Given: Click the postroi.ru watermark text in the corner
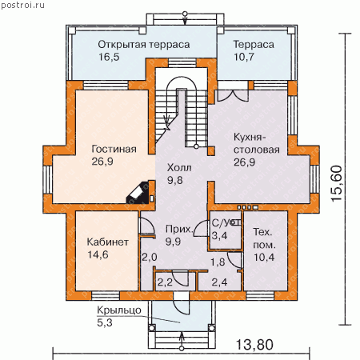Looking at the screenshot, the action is [22, 6].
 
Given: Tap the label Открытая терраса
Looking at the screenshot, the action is [144, 45].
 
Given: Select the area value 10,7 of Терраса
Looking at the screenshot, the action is [244, 57].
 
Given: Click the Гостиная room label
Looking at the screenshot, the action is [114, 149].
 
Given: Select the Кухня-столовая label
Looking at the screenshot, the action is [257, 143].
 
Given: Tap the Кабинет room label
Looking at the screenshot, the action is [108, 242].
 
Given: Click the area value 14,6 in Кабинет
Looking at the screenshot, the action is [98, 254].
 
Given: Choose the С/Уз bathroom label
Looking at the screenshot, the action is [226, 222].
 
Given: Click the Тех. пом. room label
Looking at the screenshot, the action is [264, 238].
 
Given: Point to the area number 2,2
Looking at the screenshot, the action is [165, 282].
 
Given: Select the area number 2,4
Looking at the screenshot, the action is [219, 282].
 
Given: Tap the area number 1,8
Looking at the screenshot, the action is [218, 262].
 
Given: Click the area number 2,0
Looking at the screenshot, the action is [150, 257].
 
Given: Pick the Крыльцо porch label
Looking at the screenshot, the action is [119, 310].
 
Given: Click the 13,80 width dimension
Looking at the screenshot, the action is [254, 344].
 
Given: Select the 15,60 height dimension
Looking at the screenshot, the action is [336, 183].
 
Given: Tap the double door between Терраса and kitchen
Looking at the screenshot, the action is [233, 95].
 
